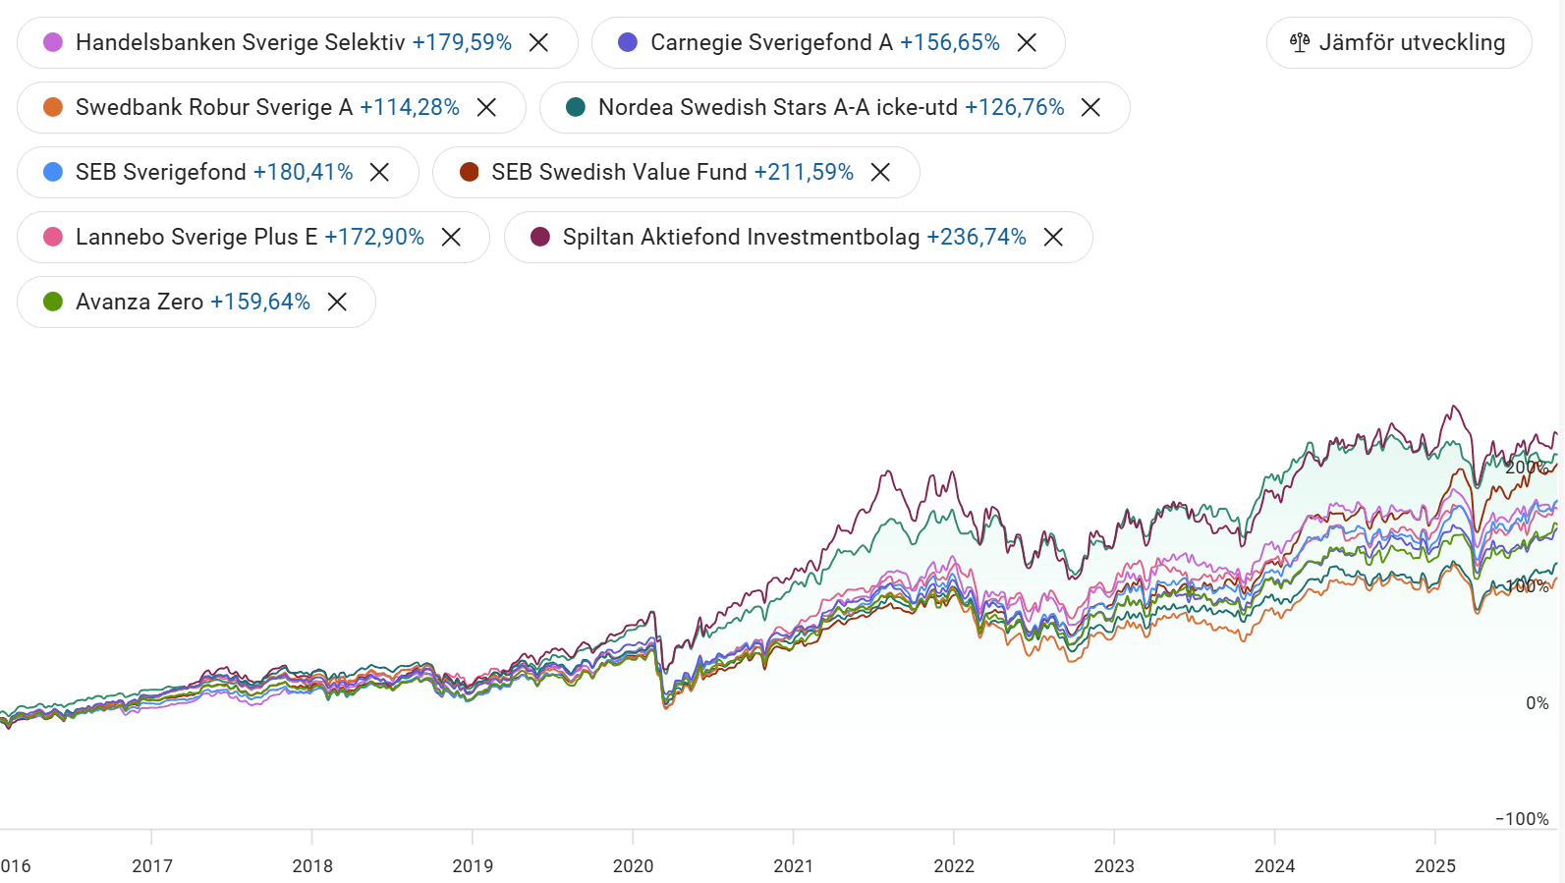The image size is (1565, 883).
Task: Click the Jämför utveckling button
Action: (x=1398, y=42)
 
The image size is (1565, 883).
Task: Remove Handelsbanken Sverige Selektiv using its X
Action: (x=538, y=42)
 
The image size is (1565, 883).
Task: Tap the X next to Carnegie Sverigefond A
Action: (x=1027, y=42)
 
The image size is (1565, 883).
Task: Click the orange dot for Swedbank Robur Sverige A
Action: (x=53, y=107)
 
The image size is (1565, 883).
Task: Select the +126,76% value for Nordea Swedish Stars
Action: (x=1014, y=107)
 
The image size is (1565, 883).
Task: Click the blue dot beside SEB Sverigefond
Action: (x=53, y=172)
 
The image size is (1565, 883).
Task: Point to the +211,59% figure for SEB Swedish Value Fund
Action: (x=804, y=172)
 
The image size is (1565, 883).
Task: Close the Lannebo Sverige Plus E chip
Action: (x=451, y=237)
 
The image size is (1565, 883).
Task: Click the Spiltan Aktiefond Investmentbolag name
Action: (x=741, y=237)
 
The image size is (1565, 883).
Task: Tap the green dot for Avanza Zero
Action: (x=53, y=302)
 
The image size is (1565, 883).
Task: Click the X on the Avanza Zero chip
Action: (x=337, y=302)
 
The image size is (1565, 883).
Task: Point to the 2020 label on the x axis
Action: (x=633, y=865)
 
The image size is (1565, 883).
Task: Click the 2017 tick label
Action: (x=152, y=865)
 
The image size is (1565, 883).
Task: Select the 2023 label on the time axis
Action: (x=1114, y=865)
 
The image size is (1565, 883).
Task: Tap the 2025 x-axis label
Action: (x=1434, y=865)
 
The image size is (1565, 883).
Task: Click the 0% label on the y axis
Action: (x=1537, y=703)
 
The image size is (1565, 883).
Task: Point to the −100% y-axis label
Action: (x=1522, y=819)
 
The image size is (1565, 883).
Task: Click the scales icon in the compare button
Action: (x=1300, y=42)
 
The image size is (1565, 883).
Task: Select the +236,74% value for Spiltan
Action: (x=977, y=237)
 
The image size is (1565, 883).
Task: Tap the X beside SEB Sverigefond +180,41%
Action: (x=379, y=172)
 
